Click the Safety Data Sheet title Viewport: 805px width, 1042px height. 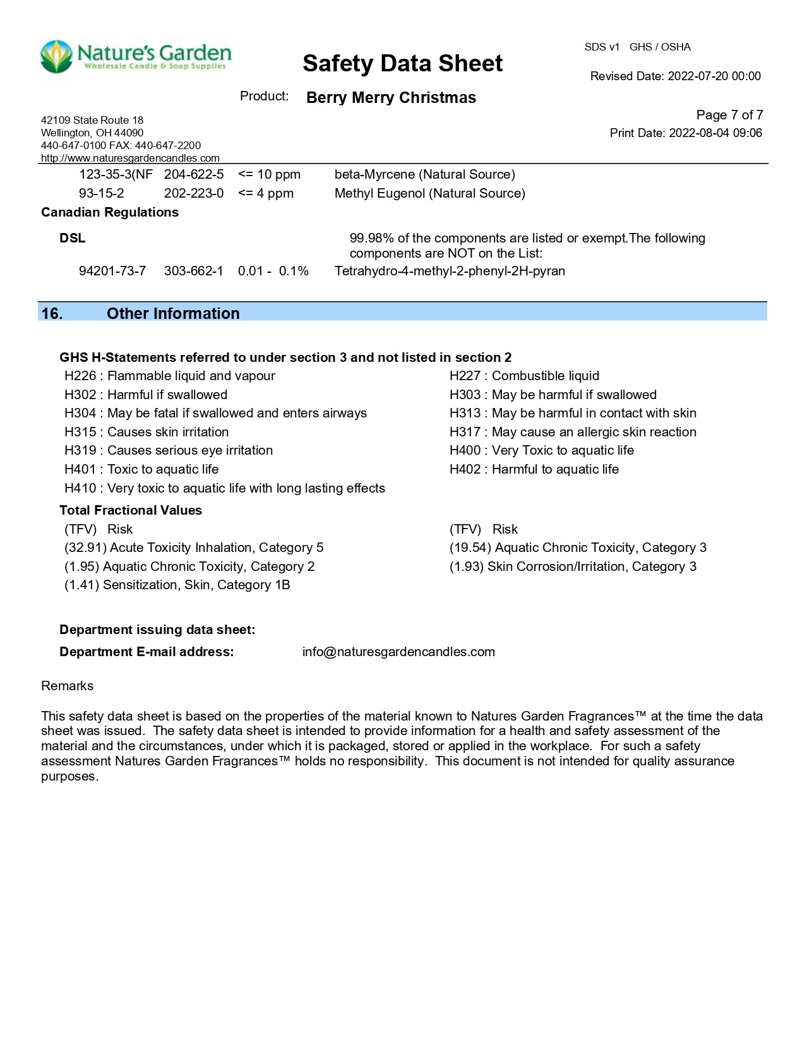point(402,63)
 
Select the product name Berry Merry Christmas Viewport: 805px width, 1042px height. point(391,98)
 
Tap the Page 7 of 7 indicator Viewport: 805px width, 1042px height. point(729,115)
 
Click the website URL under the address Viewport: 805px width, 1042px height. point(130,158)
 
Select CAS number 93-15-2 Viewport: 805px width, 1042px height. point(102,193)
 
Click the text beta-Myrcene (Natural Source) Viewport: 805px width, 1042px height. point(424,174)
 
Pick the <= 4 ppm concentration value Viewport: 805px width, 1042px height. point(266,193)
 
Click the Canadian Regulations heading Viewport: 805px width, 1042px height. point(110,212)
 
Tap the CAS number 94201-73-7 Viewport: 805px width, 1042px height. point(112,271)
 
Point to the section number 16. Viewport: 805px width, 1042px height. point(52,313)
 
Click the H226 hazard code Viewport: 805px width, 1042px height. point(80,376)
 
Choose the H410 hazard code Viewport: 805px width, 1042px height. point(80,488)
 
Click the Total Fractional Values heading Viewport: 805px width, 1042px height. point(131,510)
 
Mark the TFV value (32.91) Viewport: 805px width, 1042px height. point(85,548)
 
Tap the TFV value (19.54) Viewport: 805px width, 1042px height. point(470,548)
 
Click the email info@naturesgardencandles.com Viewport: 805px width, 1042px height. point(398,652)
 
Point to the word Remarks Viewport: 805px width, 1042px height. point(67,686)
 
